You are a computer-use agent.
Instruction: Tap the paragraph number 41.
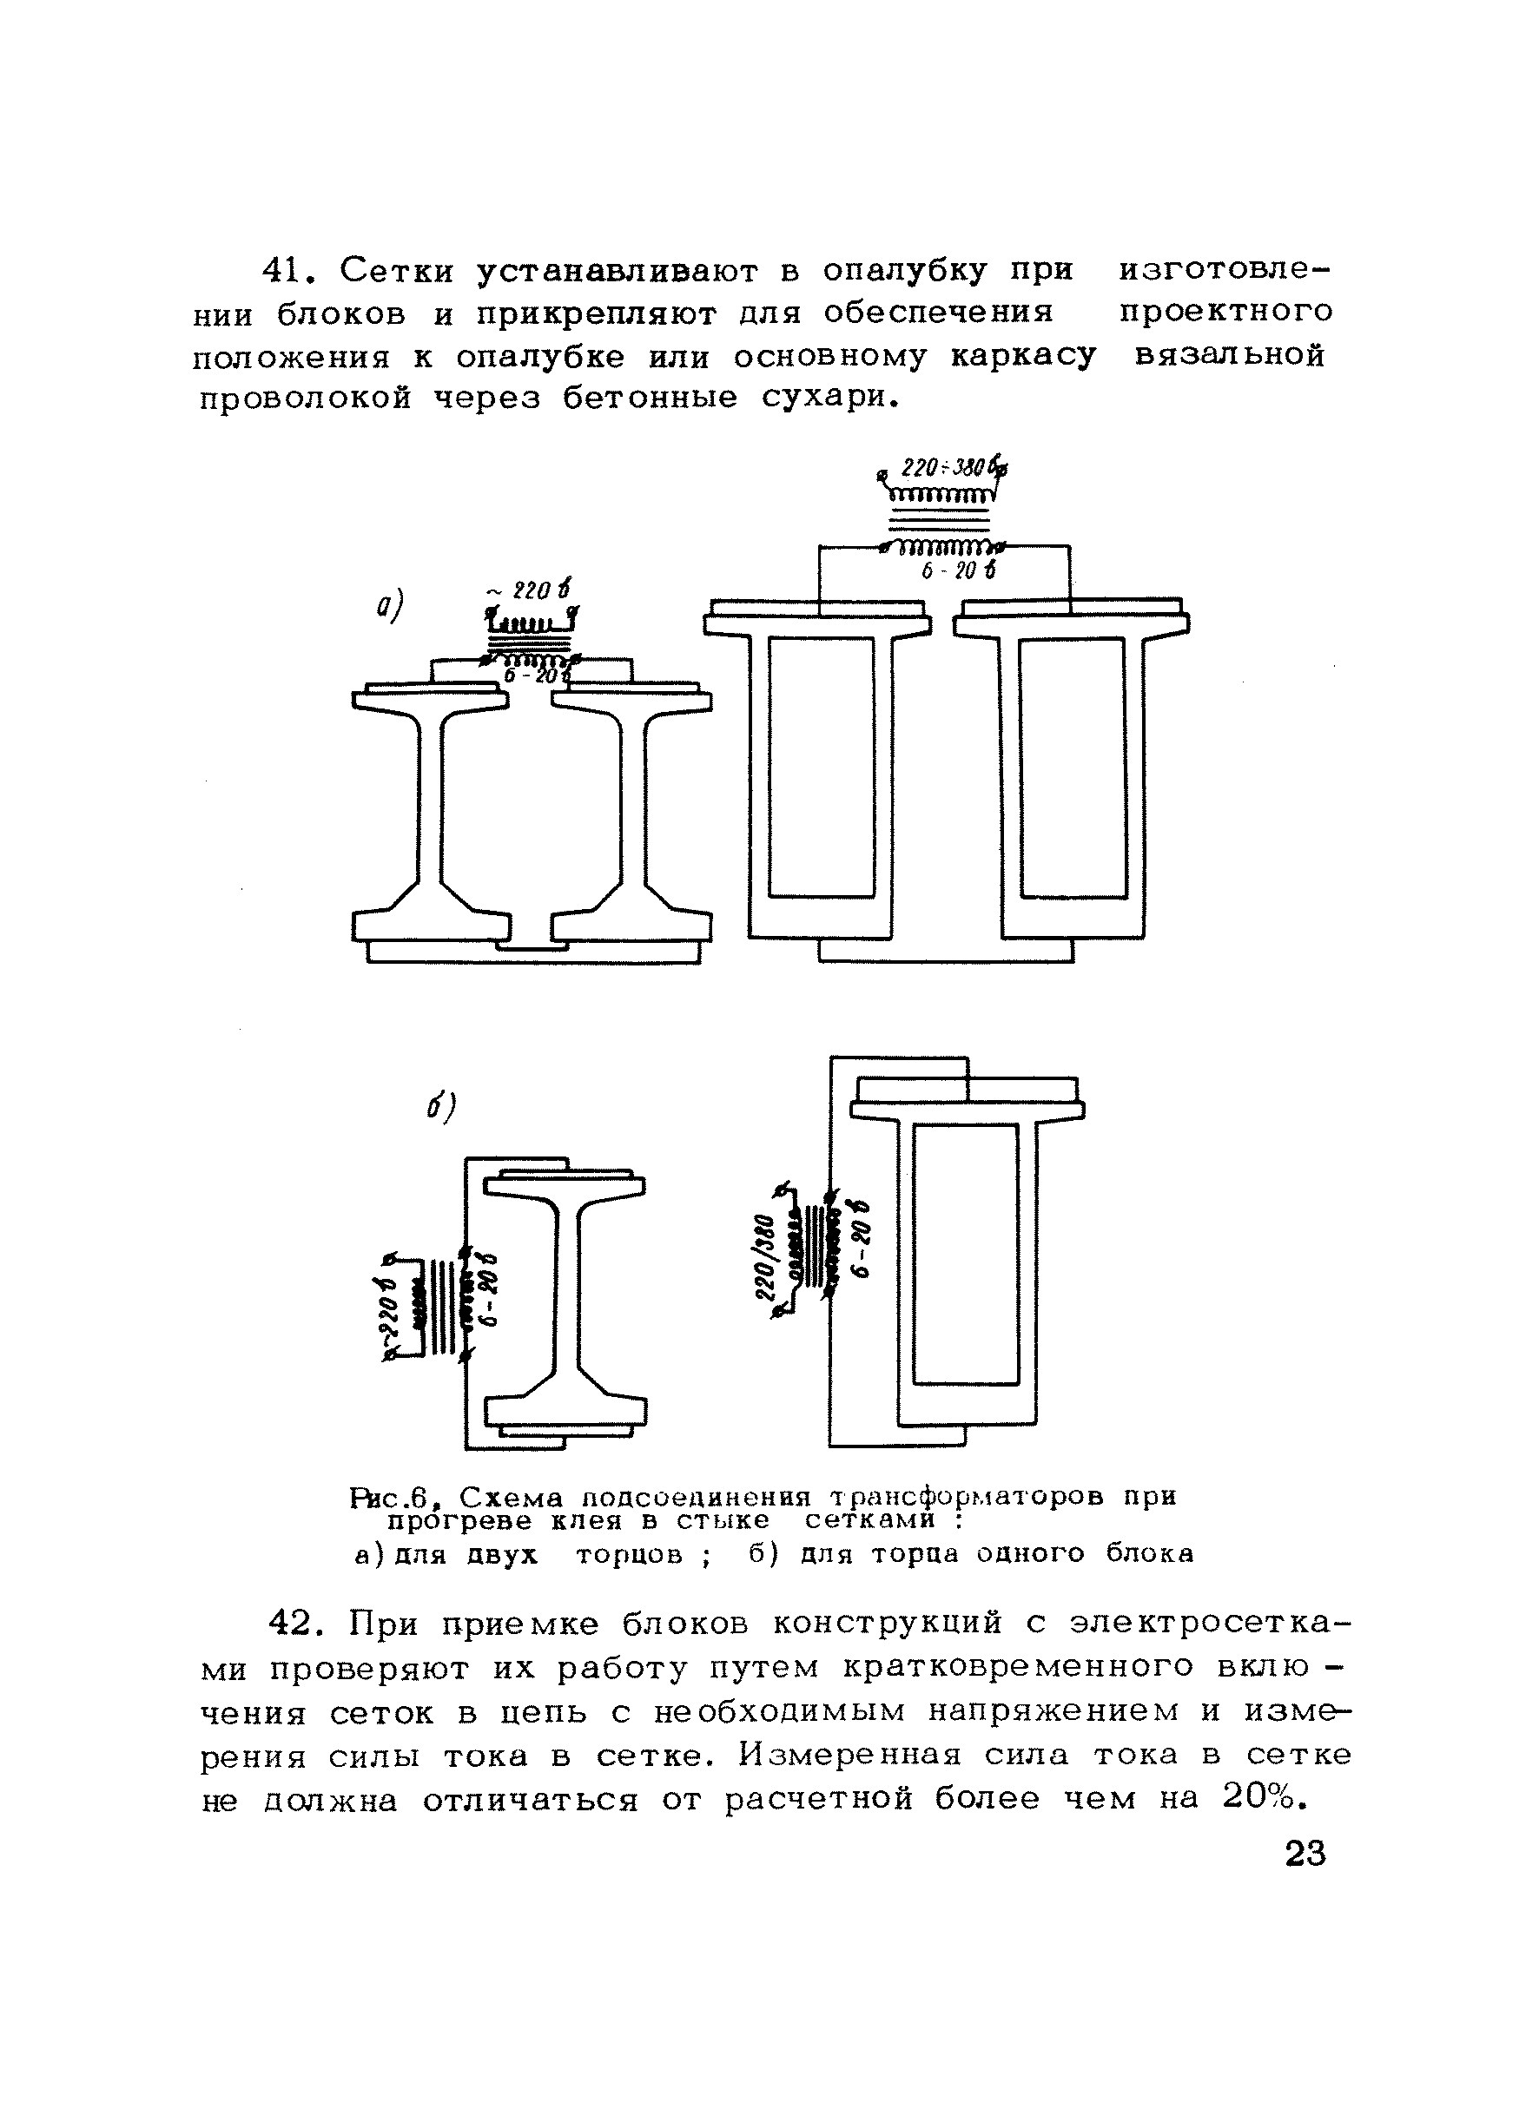(x=284, y=271)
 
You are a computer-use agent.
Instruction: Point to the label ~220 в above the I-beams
(x=529, y=590)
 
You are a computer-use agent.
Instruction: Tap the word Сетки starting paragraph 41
(x=396, y=271)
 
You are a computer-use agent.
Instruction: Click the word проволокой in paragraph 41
(x=306, y=399)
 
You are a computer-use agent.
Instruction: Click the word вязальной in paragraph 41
(x=1229, y=356)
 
